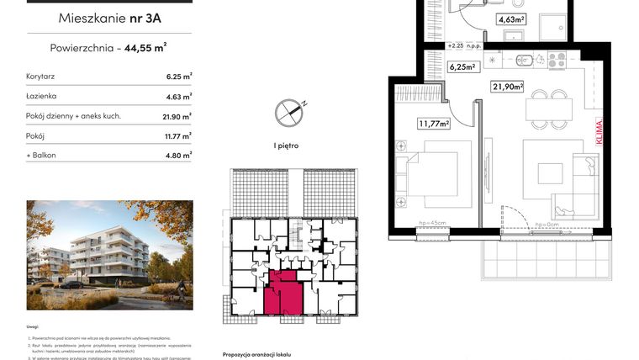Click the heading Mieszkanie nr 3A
point(109,18)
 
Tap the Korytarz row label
point(41,76)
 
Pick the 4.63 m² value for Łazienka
point(178,96)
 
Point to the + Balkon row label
point(43,154)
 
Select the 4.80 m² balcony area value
point(178,154)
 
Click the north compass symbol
point(287,110)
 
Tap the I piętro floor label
point(286,146)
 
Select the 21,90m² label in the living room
point(507,86)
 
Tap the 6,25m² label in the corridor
point(462,66)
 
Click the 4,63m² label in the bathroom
point(510,19)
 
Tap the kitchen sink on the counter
point(525,59)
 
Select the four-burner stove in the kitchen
point(557,59)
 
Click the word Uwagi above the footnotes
point(33,327)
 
